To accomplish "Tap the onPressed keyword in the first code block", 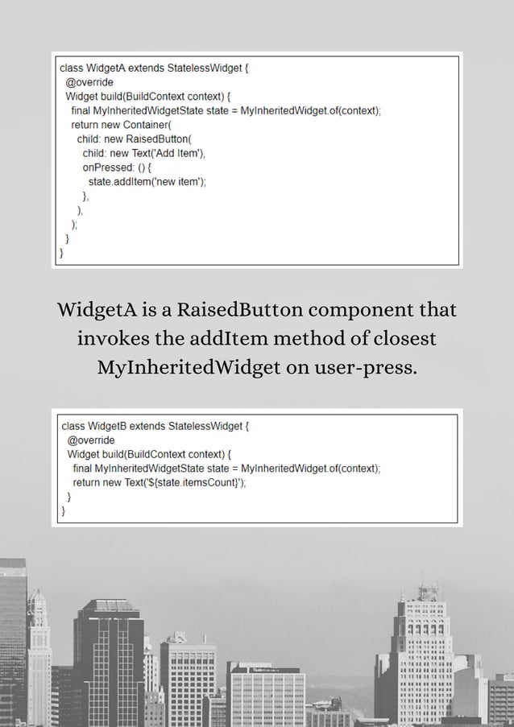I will (x=106, y=167).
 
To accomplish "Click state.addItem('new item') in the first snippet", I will (x=146, y=182).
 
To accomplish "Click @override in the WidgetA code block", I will (x=89, y=82).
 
